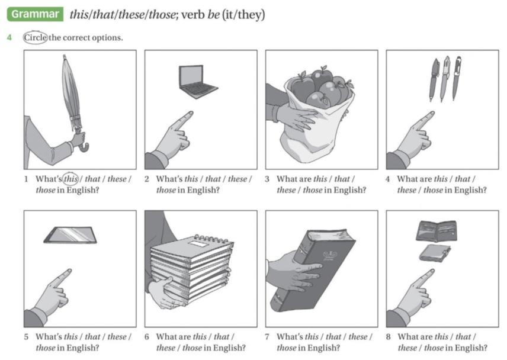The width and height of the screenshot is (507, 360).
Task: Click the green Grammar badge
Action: coord(36,14)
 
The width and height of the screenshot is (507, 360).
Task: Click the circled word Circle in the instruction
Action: coord(36,37)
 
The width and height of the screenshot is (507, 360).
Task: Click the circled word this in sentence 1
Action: coord(70,179)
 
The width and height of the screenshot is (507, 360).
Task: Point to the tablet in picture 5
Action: coord(70,234)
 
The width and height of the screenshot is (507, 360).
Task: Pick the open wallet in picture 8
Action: coord(437,231)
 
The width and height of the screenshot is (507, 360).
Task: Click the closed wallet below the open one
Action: coord(435,253)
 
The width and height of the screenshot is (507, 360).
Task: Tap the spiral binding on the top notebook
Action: coord(212,239)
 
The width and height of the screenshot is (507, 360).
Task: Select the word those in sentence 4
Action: coord(433,190)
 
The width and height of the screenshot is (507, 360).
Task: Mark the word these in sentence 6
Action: coord(166,348)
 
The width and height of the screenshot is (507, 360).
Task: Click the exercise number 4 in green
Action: coord(9,37)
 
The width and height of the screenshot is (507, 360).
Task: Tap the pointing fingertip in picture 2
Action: coord(190,114)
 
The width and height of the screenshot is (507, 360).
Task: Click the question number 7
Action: coord(267,337)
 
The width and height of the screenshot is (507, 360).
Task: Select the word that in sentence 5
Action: coord(92,337)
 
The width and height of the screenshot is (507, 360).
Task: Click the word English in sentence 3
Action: coord(350,190)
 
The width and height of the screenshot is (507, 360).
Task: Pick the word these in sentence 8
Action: coord(407,348)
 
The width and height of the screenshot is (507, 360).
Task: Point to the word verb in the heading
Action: coord(192,15)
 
